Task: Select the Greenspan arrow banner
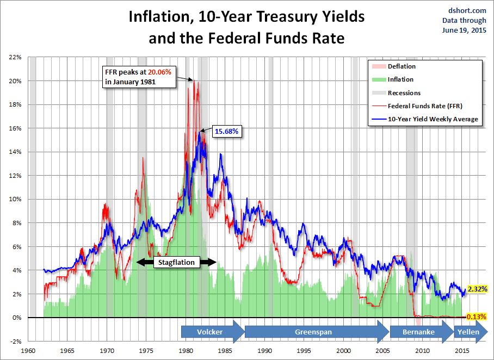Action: point(313,332)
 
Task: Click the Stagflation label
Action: point(176,262)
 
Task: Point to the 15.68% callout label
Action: point(227,132)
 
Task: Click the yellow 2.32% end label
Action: point(477,289)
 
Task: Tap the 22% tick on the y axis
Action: point(15,57)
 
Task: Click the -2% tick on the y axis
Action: point(15,341)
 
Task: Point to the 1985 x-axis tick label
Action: point(225,350)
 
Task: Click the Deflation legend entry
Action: point(402,66)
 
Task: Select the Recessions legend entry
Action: point(404,93)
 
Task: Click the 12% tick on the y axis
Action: point(15,175)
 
